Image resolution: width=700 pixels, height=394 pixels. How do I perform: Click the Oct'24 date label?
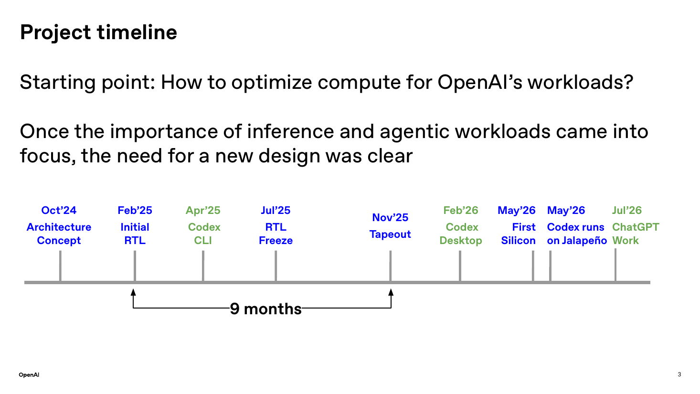pos(59,210)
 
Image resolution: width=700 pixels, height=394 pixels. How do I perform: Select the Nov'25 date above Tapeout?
pos(390,217)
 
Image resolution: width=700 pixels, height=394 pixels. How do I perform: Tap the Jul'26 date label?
pos(626,210)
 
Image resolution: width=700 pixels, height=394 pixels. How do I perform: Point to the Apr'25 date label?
pos(203,210)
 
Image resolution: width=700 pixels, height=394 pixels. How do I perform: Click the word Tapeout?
pos(390,234)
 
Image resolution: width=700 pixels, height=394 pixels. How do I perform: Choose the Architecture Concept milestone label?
pos(59,234)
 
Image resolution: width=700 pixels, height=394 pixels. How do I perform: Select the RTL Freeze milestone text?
pos(276,234)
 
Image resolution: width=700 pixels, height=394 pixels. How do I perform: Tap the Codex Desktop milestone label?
pos(461,234)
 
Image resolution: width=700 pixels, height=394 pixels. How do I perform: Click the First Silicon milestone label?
pos(518,234)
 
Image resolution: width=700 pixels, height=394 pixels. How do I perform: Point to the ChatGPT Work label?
pos(636,234)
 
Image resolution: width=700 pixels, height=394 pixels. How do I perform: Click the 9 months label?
pos(265,309)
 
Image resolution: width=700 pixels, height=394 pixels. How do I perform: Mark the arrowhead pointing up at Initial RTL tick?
pos(133,292)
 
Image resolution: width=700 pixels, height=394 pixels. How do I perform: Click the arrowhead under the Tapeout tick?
pos(391,292)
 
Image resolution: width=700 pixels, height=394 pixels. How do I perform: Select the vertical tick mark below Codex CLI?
pos(203,266)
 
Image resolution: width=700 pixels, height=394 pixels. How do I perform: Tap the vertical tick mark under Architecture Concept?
pos(60,266)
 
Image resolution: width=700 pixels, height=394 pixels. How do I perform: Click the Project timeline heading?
pos(98,32)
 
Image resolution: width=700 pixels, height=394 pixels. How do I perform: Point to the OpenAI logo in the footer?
pos(29,374)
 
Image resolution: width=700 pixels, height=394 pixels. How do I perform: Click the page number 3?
pos(679,374)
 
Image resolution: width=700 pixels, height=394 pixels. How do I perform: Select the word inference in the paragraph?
pos(290,131)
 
